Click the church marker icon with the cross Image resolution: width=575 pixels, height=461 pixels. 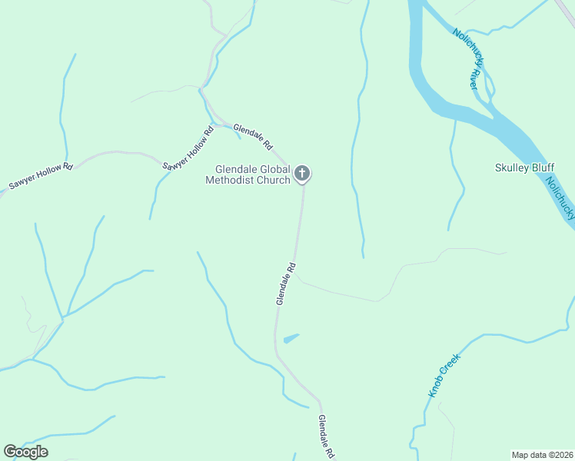(x=303, y=174)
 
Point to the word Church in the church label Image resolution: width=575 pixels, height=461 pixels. (x=274, y=181)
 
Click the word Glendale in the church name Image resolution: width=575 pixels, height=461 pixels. (x=234, y=169)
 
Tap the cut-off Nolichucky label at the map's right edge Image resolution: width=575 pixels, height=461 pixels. (x=560, y=199)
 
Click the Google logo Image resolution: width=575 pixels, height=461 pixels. (x=25, y=452)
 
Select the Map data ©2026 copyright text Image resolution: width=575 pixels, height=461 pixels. (x=542, y=455)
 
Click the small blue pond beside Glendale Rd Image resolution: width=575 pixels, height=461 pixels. (x=291, y=338)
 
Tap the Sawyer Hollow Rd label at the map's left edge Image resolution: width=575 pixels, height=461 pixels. (x=40, y=176)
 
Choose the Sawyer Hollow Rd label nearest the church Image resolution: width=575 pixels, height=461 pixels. (x=188, y=148)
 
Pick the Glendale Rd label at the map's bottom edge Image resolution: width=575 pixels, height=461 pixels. (x=327, y=437)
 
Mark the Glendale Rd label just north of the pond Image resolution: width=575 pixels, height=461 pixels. (x=286, y=284)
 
